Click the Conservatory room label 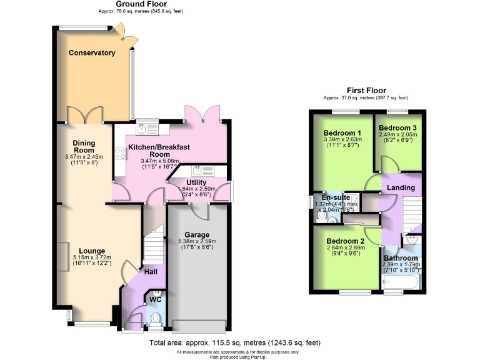coord(92,53)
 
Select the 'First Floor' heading coord(366,91)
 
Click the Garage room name coord(196,234)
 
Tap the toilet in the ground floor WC coord(156,320)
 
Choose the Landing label coord(401,187)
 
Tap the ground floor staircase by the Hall coord(153,247)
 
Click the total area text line coord(234,342)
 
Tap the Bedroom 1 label coord(342,133)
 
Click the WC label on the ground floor coord(155,299)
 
